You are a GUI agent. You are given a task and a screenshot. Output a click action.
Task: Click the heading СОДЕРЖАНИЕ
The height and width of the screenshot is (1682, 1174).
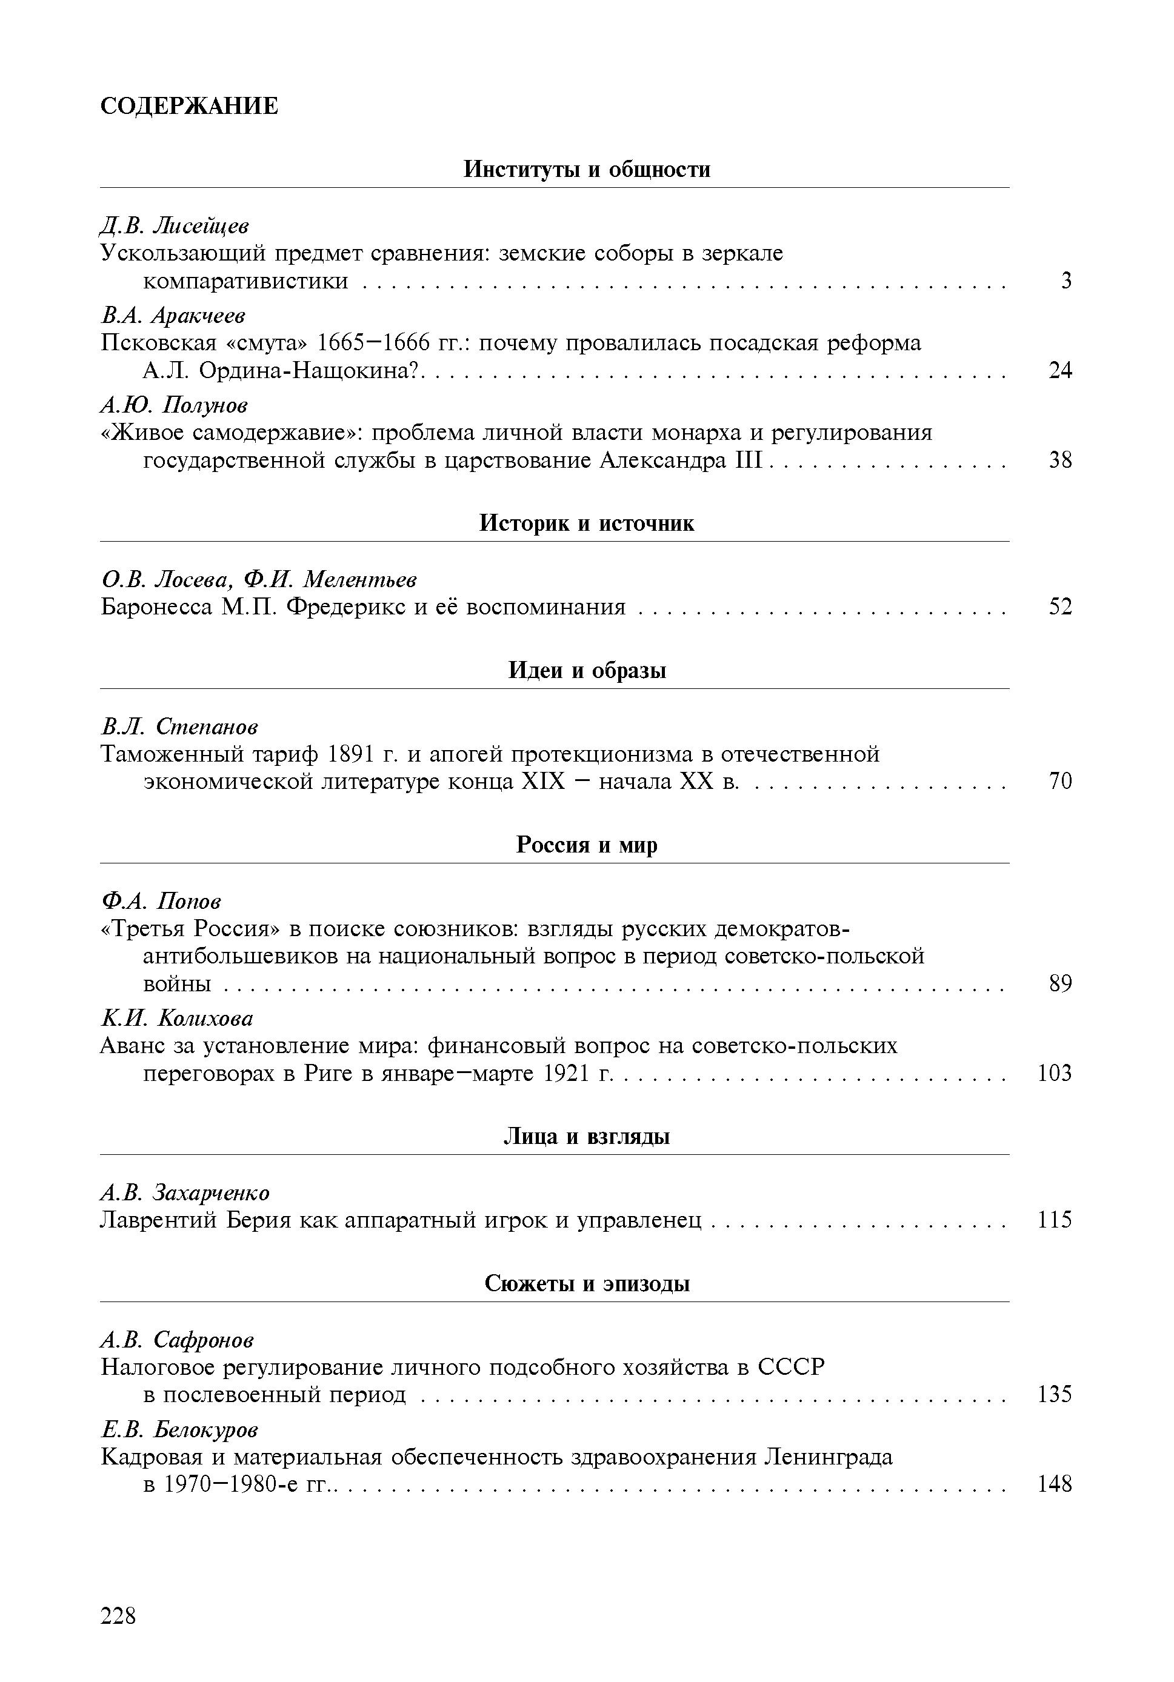188,106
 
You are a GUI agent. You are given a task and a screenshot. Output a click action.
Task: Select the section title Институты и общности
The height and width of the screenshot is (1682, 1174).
587,170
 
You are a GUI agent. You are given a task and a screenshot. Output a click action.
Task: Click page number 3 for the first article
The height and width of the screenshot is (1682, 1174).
1066,281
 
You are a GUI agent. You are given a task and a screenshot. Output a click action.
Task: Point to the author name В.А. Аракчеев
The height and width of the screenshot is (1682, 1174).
173,316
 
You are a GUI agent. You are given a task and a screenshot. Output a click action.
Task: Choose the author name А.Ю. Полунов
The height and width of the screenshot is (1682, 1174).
175,405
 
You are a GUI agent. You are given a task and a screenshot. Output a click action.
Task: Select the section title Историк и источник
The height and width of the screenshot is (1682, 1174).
587,523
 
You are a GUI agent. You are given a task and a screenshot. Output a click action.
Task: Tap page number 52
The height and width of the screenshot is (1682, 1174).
1059,607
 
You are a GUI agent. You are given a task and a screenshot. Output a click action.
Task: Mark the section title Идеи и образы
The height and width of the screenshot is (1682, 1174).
587,670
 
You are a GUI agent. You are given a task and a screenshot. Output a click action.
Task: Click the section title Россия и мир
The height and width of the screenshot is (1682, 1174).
587,845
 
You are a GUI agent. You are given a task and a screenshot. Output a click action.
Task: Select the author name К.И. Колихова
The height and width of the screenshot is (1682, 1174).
176,1019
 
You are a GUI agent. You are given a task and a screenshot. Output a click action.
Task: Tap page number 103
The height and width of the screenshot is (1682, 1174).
1055,1074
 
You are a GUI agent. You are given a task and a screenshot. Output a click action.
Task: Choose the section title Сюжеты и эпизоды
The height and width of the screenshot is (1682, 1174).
587,1283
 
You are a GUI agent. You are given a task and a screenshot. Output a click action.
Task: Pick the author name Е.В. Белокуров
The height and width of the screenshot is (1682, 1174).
179,1429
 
